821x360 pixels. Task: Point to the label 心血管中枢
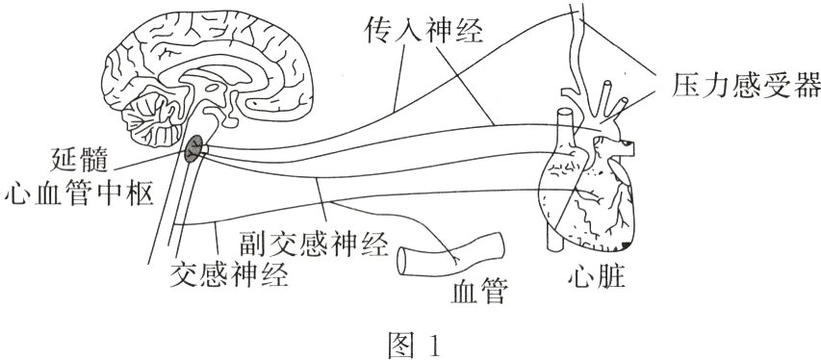[79, 194]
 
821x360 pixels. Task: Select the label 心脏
[596, 280]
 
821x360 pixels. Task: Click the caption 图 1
[412, 342]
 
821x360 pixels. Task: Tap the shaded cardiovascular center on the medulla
[195, 145]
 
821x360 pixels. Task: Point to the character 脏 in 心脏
[611, 280]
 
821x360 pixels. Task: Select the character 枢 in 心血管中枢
[141, 194]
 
